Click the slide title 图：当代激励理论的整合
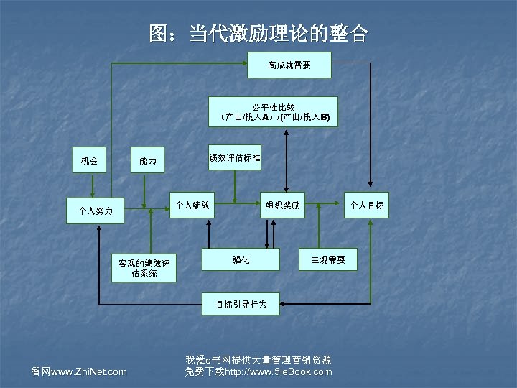tap(258, 33)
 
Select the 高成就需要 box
tap(289, 65)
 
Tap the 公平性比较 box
tap(273, 111)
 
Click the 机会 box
tap(90, 160)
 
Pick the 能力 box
tap(148, 160)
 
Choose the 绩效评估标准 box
tap(235, 157)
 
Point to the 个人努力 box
tap(95, 211)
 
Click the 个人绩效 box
tap(192, 205)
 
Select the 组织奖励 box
tap(283, 205)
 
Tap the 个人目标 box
tap(367, 205)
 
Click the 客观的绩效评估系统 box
tap(144, 268)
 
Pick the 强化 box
tap(241, 259)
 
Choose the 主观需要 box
tap(328, 259)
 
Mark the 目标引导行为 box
tap(242, 304)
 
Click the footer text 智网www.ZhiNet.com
tap(79, 371)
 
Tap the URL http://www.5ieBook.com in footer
tap(279, 371)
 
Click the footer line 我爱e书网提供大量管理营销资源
tap(258, 360)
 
